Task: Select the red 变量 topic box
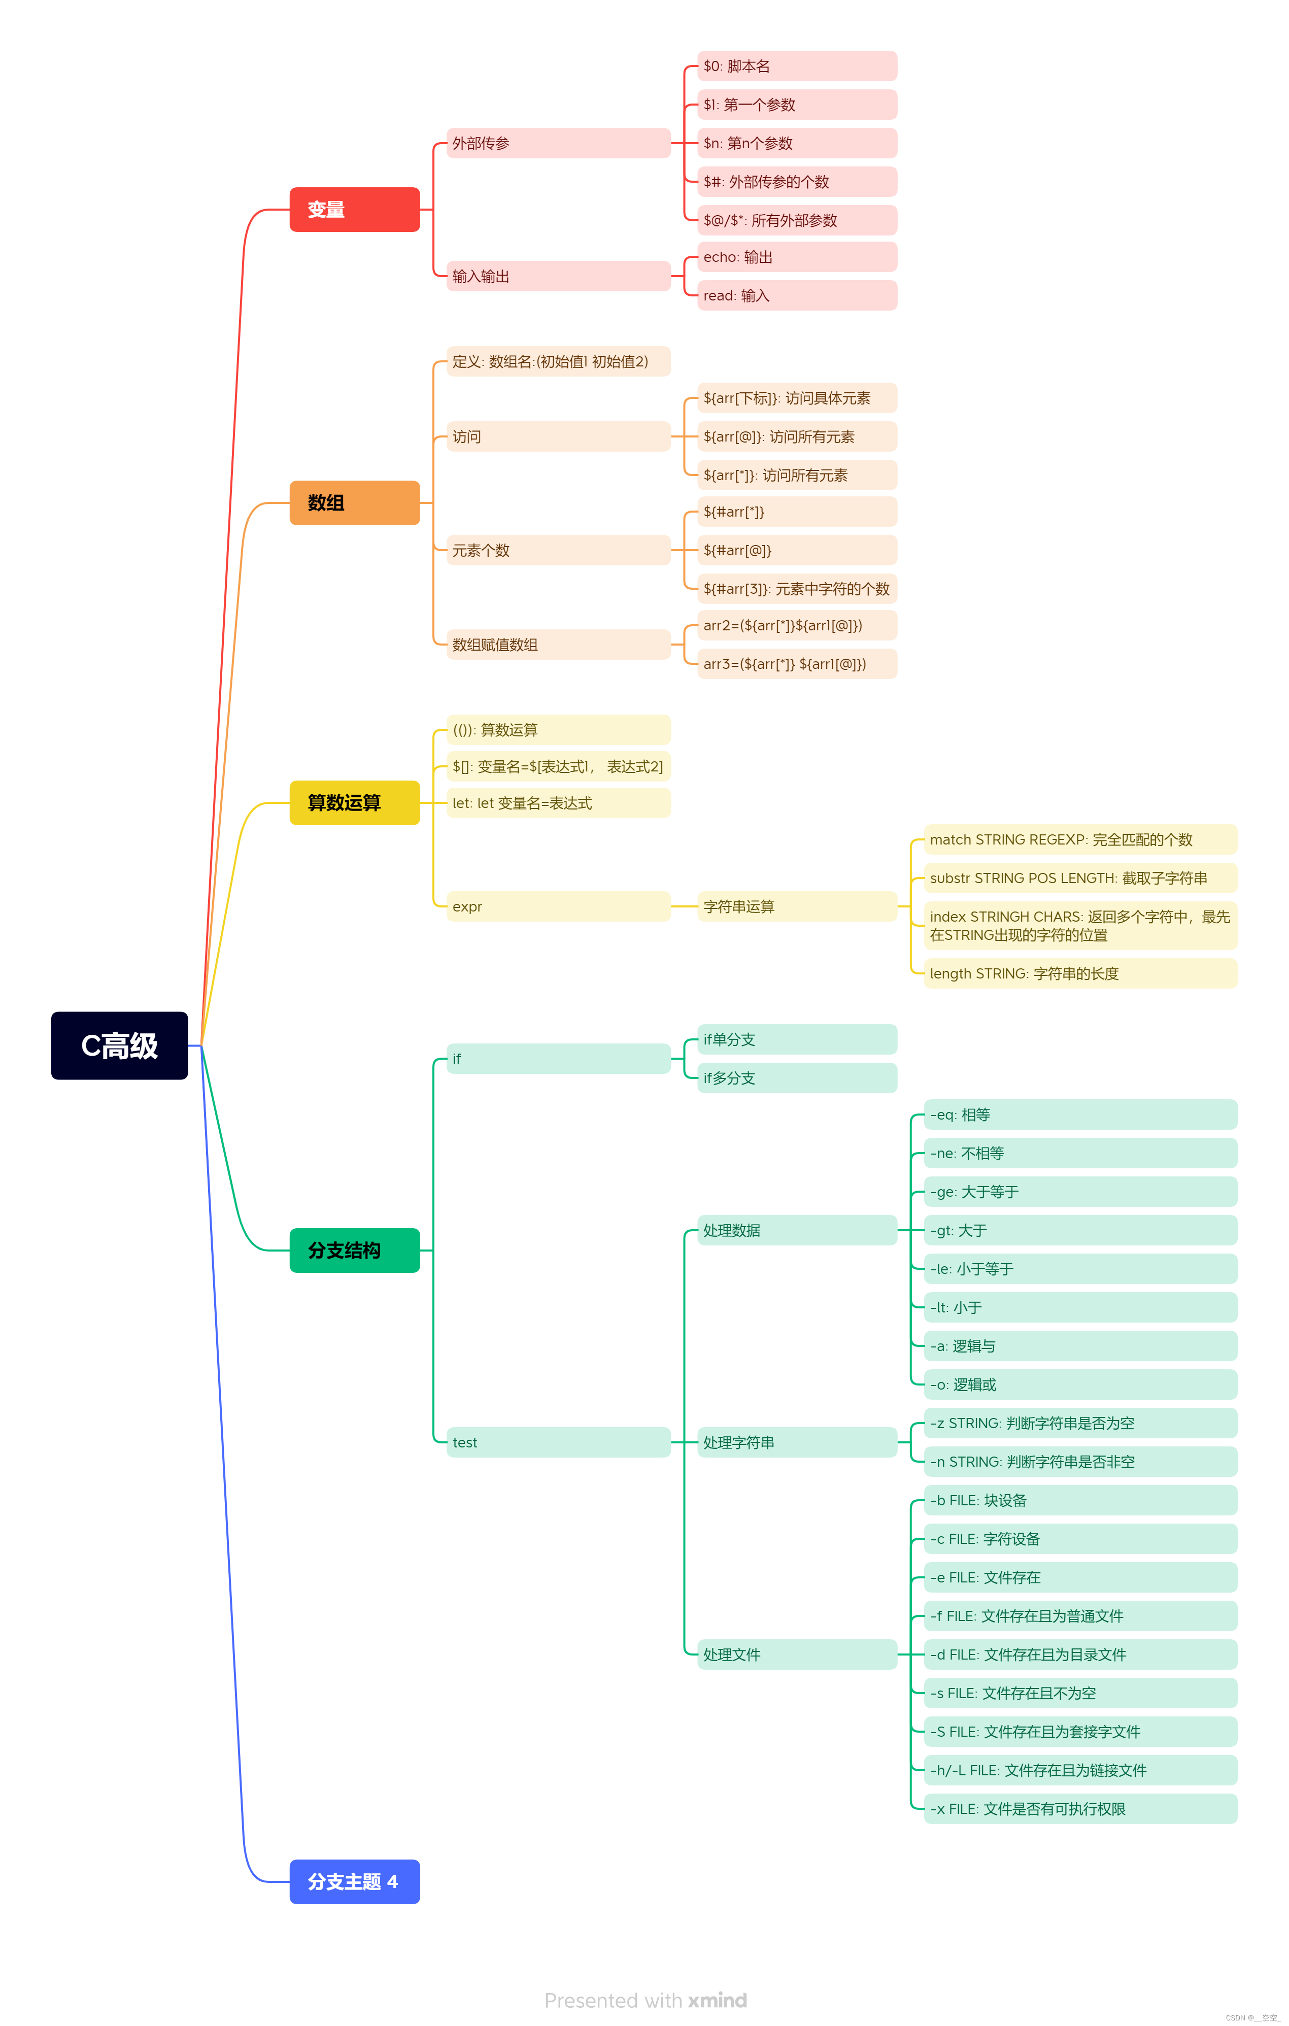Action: coord(354,210)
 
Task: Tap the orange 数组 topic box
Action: coord(354,502)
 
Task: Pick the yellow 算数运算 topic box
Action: coord(354,803)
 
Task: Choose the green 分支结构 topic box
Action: coord(354,1251)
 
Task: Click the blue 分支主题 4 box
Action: coord(354,1881)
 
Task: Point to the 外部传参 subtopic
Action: coord(557,143)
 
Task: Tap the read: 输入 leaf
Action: coord(796,295)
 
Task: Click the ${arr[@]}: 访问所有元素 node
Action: coord(796,436)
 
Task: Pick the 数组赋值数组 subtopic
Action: coord(557,645)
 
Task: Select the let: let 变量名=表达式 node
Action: coord(557,803)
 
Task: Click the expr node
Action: coord(557,906)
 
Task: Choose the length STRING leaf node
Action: coord(1079,973)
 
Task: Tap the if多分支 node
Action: coord(796,1078)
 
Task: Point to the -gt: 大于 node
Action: coord(1079,1230)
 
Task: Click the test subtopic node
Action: coord(557,1442)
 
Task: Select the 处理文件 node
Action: coord(796,1654)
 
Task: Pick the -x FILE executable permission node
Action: coord(1079,1809)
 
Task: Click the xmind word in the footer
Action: coord(717,2000)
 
